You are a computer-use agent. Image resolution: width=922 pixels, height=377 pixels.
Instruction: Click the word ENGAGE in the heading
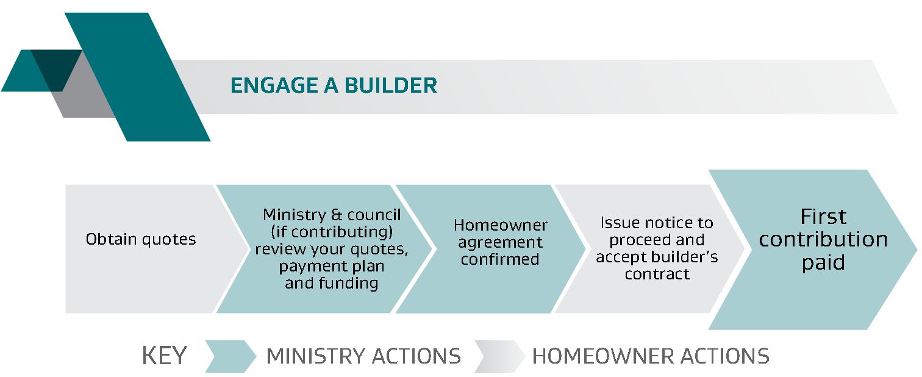pos(274,85)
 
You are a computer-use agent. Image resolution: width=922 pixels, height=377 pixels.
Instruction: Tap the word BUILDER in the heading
pos(390,85)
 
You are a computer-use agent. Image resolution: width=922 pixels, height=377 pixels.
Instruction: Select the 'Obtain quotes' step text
pos(141,239)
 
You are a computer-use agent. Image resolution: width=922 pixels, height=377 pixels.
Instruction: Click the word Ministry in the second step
pos(295,215)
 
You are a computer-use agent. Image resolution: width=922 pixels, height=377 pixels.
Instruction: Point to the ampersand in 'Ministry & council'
pos(336,215)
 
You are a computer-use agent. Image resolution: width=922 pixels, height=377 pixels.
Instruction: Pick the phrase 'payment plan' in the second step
pos(332,267)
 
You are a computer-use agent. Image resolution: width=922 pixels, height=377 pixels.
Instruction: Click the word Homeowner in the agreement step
pos(501,225)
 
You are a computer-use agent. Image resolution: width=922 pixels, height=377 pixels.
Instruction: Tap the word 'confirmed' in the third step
pos(500,259)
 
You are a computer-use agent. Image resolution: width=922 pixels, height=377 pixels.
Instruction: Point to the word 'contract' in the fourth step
pos(657,274)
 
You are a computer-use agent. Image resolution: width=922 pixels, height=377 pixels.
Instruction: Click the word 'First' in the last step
pos(823,217)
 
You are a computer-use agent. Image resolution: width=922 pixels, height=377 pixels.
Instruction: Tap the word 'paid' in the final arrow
pos(823,263)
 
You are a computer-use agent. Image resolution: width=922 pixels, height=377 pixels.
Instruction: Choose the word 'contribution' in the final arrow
pos(823,239)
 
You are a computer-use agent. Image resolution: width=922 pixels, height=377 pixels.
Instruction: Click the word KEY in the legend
pos(164,356)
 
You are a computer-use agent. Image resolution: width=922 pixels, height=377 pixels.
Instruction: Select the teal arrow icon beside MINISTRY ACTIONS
pos(230,356)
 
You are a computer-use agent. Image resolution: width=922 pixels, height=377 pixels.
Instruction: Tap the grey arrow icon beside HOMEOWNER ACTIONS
pos(499,356)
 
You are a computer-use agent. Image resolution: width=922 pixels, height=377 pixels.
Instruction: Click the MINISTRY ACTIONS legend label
pos(363,356)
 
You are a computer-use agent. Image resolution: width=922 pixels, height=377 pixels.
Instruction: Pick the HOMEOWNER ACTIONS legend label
pos(651,356)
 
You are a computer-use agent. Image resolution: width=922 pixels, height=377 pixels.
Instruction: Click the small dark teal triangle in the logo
pos(56,66)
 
